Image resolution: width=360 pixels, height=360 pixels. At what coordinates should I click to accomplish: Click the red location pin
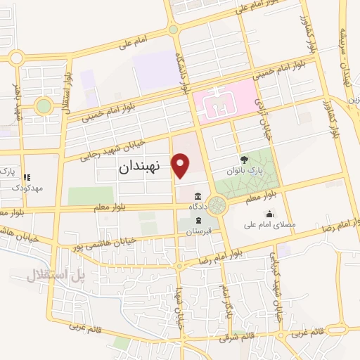pos(181,164)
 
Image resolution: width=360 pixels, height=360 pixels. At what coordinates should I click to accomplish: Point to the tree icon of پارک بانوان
pos(243,160)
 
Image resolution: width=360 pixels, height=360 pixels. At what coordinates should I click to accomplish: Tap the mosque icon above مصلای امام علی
pos(269,214)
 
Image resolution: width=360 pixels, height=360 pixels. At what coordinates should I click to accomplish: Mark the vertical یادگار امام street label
pos(226,299)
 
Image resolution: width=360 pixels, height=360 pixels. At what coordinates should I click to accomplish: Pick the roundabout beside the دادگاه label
pos(217,205)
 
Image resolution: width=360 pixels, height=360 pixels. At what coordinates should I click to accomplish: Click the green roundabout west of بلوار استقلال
pos(44,106)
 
